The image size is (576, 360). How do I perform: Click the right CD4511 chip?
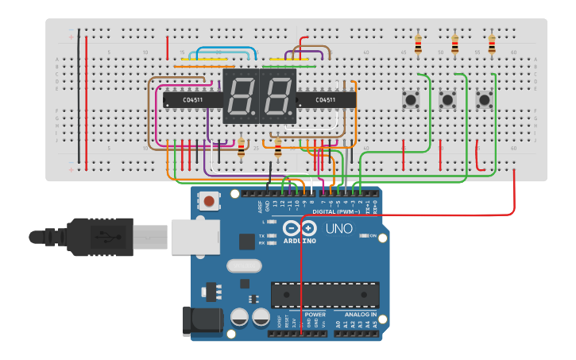click(x=326, y=100)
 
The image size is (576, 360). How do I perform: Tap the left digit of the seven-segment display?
click(x=241, y=95)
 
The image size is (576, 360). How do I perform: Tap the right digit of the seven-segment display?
click(x=277, y=95)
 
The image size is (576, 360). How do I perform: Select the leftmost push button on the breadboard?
click(x=411, y=100)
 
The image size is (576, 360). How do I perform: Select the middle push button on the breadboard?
click(x=447, y=100)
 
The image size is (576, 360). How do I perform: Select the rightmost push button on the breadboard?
click(x=484, y=100)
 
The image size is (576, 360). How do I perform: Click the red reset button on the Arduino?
click(x=209, y=201)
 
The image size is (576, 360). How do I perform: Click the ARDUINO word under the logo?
click(x=299, y=241)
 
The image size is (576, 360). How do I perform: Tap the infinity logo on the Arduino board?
click(x=300, y=228)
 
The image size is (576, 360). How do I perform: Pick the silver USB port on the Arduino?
click(x=195, y=237)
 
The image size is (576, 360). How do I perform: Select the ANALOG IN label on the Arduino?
click(x=362, y=315)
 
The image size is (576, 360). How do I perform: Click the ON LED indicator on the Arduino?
click(x=361, y=236)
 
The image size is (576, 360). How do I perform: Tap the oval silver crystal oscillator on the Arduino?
click(x=243, y=266)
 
